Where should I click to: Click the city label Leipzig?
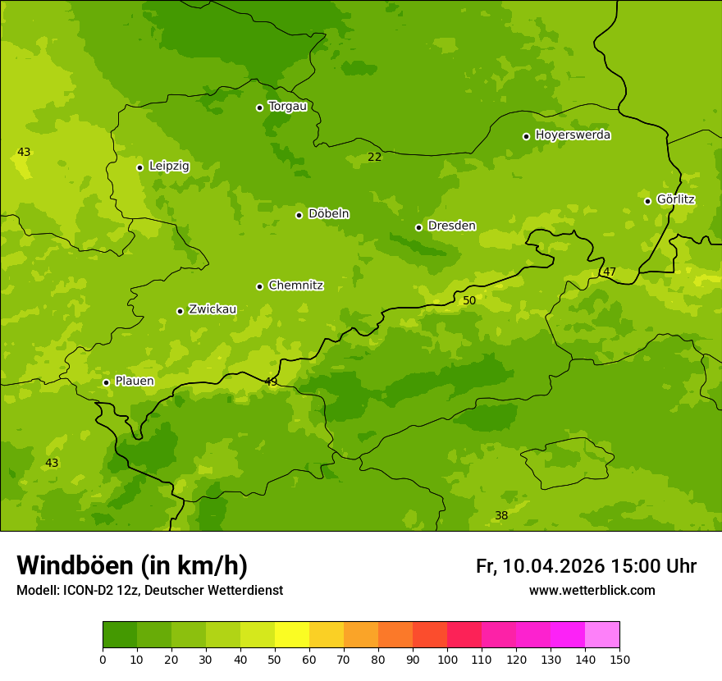[169, 167]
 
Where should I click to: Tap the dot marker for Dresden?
[418, 227]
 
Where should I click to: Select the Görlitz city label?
[675, 199]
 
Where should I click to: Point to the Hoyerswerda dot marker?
[526, 136]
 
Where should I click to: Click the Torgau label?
[287, 107]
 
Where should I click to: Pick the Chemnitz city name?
[295, 286]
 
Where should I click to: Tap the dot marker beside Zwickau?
[180, 311]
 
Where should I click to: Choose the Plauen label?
[135, 382]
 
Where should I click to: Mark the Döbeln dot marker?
[299, 215]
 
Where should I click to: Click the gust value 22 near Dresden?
[374, 157]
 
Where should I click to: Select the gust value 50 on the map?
[469, 301]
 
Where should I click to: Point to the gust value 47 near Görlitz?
[610, 272]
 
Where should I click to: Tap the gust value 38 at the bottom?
[501, 515]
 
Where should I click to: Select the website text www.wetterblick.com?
[592, 591]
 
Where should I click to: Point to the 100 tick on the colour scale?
[447, 659]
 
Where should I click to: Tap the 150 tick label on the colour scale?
[619, 659]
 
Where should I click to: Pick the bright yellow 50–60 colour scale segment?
[292, 635]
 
